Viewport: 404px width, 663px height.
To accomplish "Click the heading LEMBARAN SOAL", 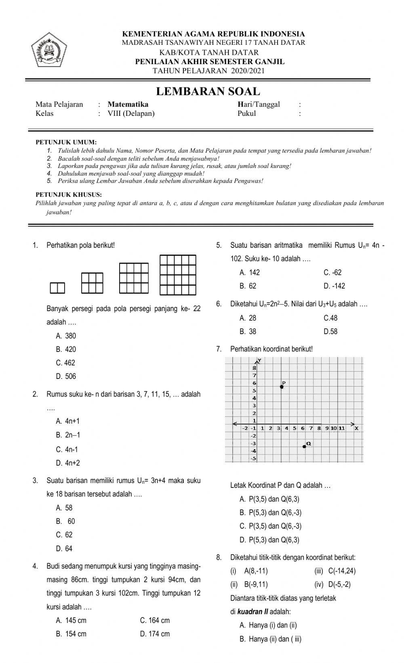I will point(208,91).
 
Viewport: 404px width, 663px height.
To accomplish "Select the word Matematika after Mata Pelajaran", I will point(128,104).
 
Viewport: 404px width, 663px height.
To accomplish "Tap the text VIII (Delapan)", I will point(131,113).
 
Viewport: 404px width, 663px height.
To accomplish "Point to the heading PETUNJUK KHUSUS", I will point(69,195).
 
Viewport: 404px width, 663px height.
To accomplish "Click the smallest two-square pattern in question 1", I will point(57,288).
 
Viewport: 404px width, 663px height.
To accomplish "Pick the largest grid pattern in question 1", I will point(178,275).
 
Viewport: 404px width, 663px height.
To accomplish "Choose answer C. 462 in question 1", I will point(66,363).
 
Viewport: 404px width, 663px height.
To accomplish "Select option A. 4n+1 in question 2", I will point(68,421).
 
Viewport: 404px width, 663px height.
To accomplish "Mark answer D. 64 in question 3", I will point(64,548).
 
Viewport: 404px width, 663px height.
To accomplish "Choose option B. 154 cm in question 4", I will point(71,634).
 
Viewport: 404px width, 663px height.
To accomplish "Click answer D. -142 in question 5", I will point(334,286).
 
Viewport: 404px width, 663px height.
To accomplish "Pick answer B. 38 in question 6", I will point(248,332).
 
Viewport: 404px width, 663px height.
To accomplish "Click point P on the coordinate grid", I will point(282,387).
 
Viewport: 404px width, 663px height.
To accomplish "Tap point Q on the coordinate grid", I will point(304,446).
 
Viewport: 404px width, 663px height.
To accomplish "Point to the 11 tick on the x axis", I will point(341,428).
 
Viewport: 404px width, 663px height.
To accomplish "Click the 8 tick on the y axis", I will point(255,368).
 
